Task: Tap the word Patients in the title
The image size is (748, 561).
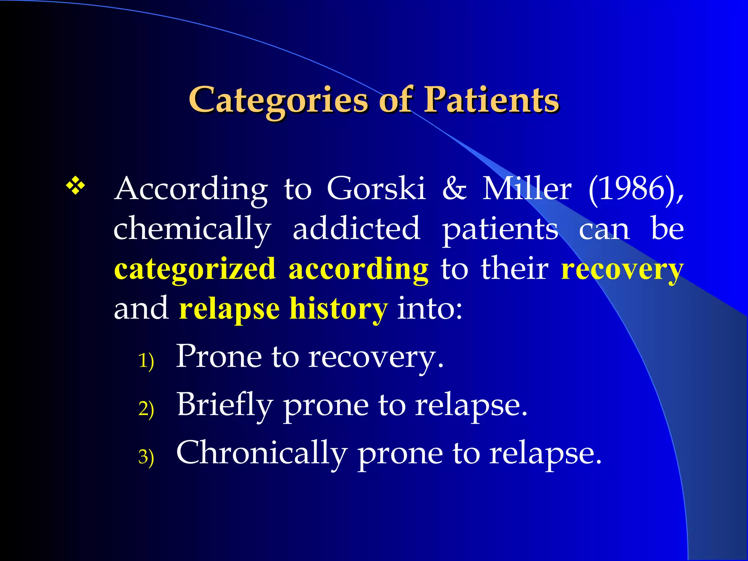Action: (x=491, y=100)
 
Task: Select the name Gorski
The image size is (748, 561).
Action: (x=376, y=188)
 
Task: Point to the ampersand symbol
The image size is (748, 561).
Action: (x=454, y=188)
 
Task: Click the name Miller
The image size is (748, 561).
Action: (x=527, y=188)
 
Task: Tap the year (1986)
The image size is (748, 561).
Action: (x=636, y=188)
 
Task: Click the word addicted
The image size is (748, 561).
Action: (x=356, y=229)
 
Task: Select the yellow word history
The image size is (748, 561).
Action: (x=338, y=309)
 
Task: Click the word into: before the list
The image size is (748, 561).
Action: (x=430, y=309)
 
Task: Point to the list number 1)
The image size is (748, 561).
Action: (x=146, y=361)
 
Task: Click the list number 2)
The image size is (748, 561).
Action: (x=146, y=408)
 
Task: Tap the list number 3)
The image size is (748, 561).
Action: (x=146, y=457)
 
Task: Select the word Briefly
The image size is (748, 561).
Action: (x=225, y=405)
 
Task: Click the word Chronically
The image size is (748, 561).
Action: (x=262, y=453)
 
